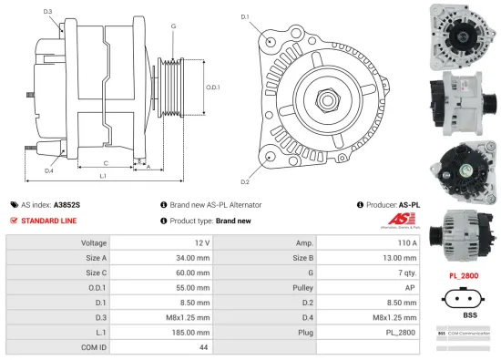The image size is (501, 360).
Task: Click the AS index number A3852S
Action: click(x=66, y=206)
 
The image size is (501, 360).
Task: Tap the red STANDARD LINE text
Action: click(x=49, y=221)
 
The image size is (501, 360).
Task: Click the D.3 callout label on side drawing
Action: click(x=47, y=11)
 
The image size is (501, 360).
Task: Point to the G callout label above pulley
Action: click(x=172, y=26)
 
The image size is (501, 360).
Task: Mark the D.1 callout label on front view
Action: click(x=245, y=16)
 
